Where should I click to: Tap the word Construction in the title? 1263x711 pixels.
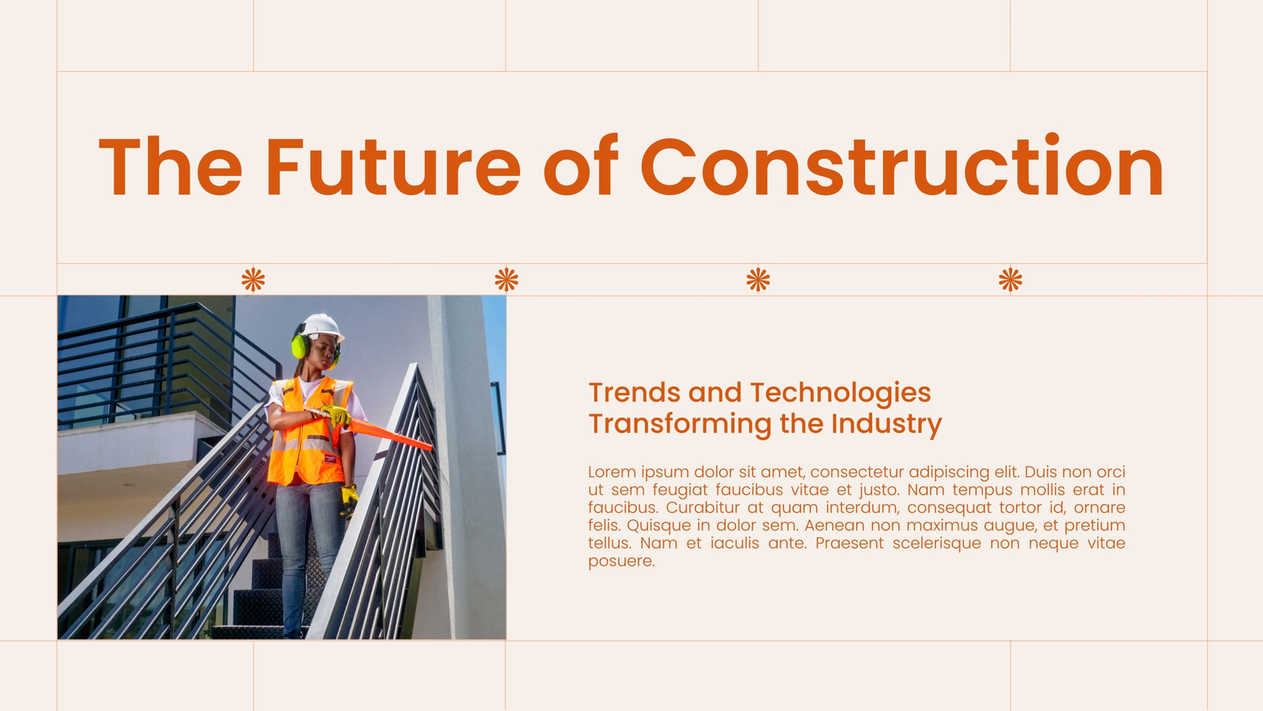[x=901, y=165]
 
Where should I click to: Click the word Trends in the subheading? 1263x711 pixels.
[x=634, y=392]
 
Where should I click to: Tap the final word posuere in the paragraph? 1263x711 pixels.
[x=621, y=562]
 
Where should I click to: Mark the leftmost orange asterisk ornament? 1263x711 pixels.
[x=253, y=280]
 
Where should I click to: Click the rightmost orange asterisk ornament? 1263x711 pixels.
[x=1010, y=280]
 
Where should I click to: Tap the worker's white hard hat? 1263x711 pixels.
[x=320, y=327]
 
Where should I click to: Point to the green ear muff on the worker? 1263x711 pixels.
[x=299, y=345]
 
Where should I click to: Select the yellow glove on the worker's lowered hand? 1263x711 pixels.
[x=348, y=500]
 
